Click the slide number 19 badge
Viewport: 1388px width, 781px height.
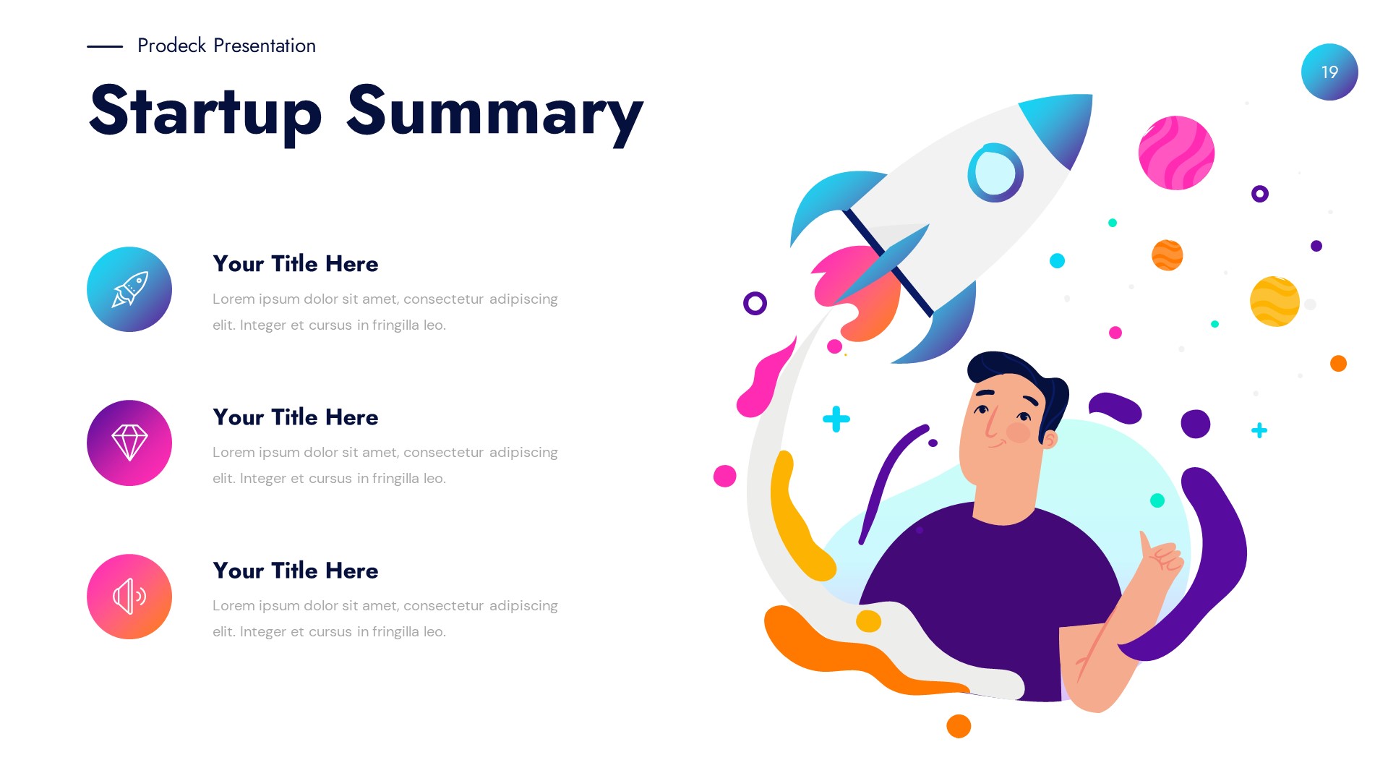tap(1329, 72)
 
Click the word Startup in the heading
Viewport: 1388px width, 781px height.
tap(205, 112)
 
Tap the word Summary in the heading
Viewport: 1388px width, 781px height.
tap(494, 112)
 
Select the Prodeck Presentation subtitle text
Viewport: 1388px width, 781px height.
tap(226, 46)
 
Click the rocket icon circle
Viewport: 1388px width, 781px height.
tap(129, 289)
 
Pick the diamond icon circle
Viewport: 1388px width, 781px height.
tap(129, 443)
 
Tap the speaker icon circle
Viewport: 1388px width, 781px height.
tap(129, 597)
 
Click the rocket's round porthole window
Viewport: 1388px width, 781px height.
tap(995, 173)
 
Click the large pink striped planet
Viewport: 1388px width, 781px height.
tap(1176, 153)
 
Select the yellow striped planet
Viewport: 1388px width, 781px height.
tap(1274, 302)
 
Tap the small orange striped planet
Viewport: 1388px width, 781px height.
tap(1167, 255)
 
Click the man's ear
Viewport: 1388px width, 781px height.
tap(1049, 438)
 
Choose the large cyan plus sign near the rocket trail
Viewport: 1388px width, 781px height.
tap(836, 419)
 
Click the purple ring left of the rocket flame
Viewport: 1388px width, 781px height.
tap(755, 303)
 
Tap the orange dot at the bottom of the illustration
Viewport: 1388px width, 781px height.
tap(959, 726)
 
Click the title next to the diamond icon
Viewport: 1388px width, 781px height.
tap(295, 417)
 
